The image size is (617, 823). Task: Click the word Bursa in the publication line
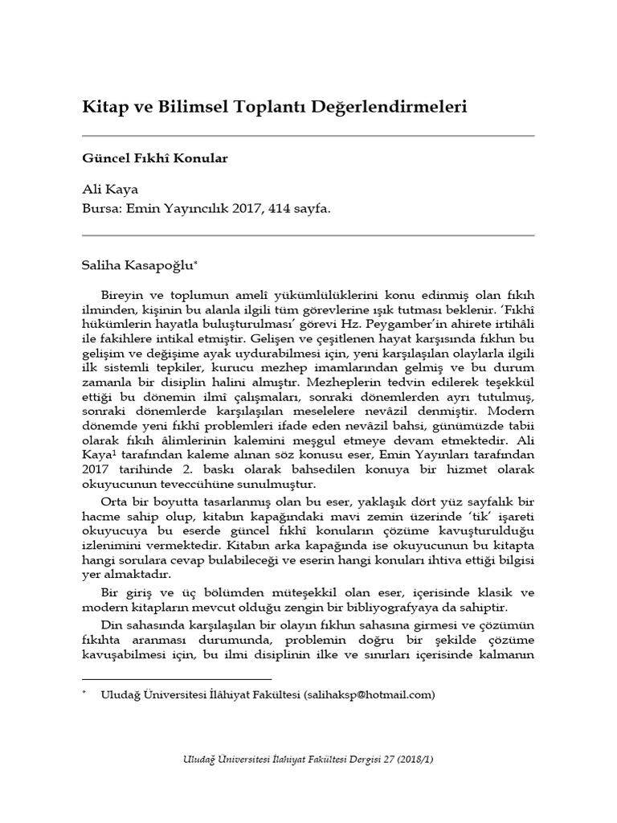[101, 207]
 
